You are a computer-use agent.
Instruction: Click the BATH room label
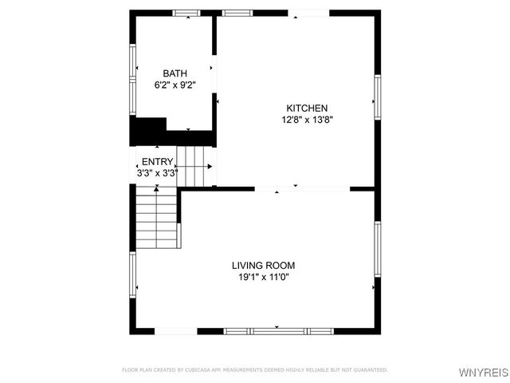pyautogui.click(x=175, y=73)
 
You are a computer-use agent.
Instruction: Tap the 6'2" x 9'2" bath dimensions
pyautogui.click(x=175, y=85)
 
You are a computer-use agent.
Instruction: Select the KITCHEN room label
pyautogui.click(x=307, y=109)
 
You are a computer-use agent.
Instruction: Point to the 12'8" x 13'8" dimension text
pyautogui.click(x=307, y=120)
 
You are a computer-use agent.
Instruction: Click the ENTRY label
pyautogui.click(x=157, y=161)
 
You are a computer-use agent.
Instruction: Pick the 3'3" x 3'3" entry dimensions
pyautogui.click(x=157, y=172)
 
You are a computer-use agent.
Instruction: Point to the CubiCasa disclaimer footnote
pyautogui.click(x=254, y=369)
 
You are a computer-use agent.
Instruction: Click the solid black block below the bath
pyautogui.click(x=147, y=131)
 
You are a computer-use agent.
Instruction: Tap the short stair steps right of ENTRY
pyautogui.click(x=196, y=166)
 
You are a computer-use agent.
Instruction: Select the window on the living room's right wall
pyautogui.click(x=378, y=249)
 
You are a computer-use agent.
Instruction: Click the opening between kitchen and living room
pyautogui.click(x=302, y=189)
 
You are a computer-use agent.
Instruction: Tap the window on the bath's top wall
pyautogui.click(x=186, y=12)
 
